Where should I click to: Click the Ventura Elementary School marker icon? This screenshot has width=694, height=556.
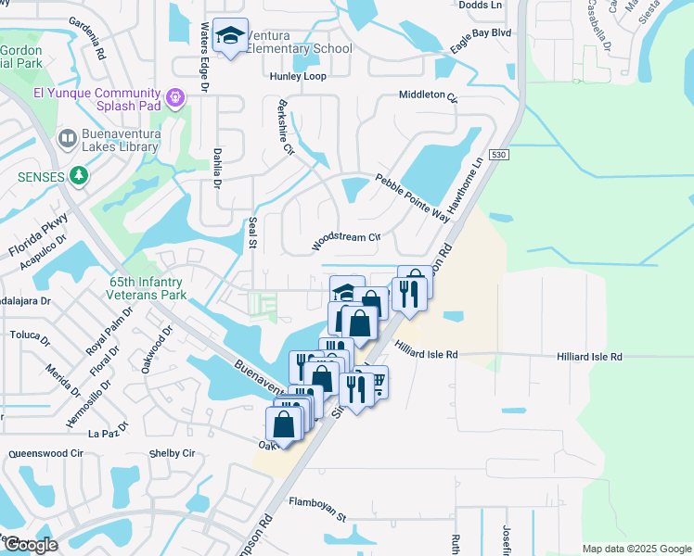[x=230, y=36]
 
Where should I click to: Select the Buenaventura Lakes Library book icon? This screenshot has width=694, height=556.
[x=67, y=139]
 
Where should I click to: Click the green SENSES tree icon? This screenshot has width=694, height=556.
[x=80, y=175]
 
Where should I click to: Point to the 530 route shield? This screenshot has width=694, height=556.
[x=499, y=157]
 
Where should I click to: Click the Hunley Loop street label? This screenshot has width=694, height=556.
[x=298, y=76]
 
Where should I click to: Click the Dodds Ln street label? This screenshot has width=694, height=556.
[x=480, y=6]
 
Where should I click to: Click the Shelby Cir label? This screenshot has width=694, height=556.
[x=172, y=454]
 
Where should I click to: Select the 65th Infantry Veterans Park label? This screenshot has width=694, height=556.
[x=141, y=288]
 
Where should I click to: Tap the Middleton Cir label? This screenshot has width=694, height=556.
[x=428, y=95]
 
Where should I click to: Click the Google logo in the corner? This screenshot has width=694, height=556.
[x=31, y=545]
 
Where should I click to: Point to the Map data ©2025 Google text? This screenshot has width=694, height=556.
[x=635, y=549]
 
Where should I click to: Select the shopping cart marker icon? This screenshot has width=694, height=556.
[x=375, y=381]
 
